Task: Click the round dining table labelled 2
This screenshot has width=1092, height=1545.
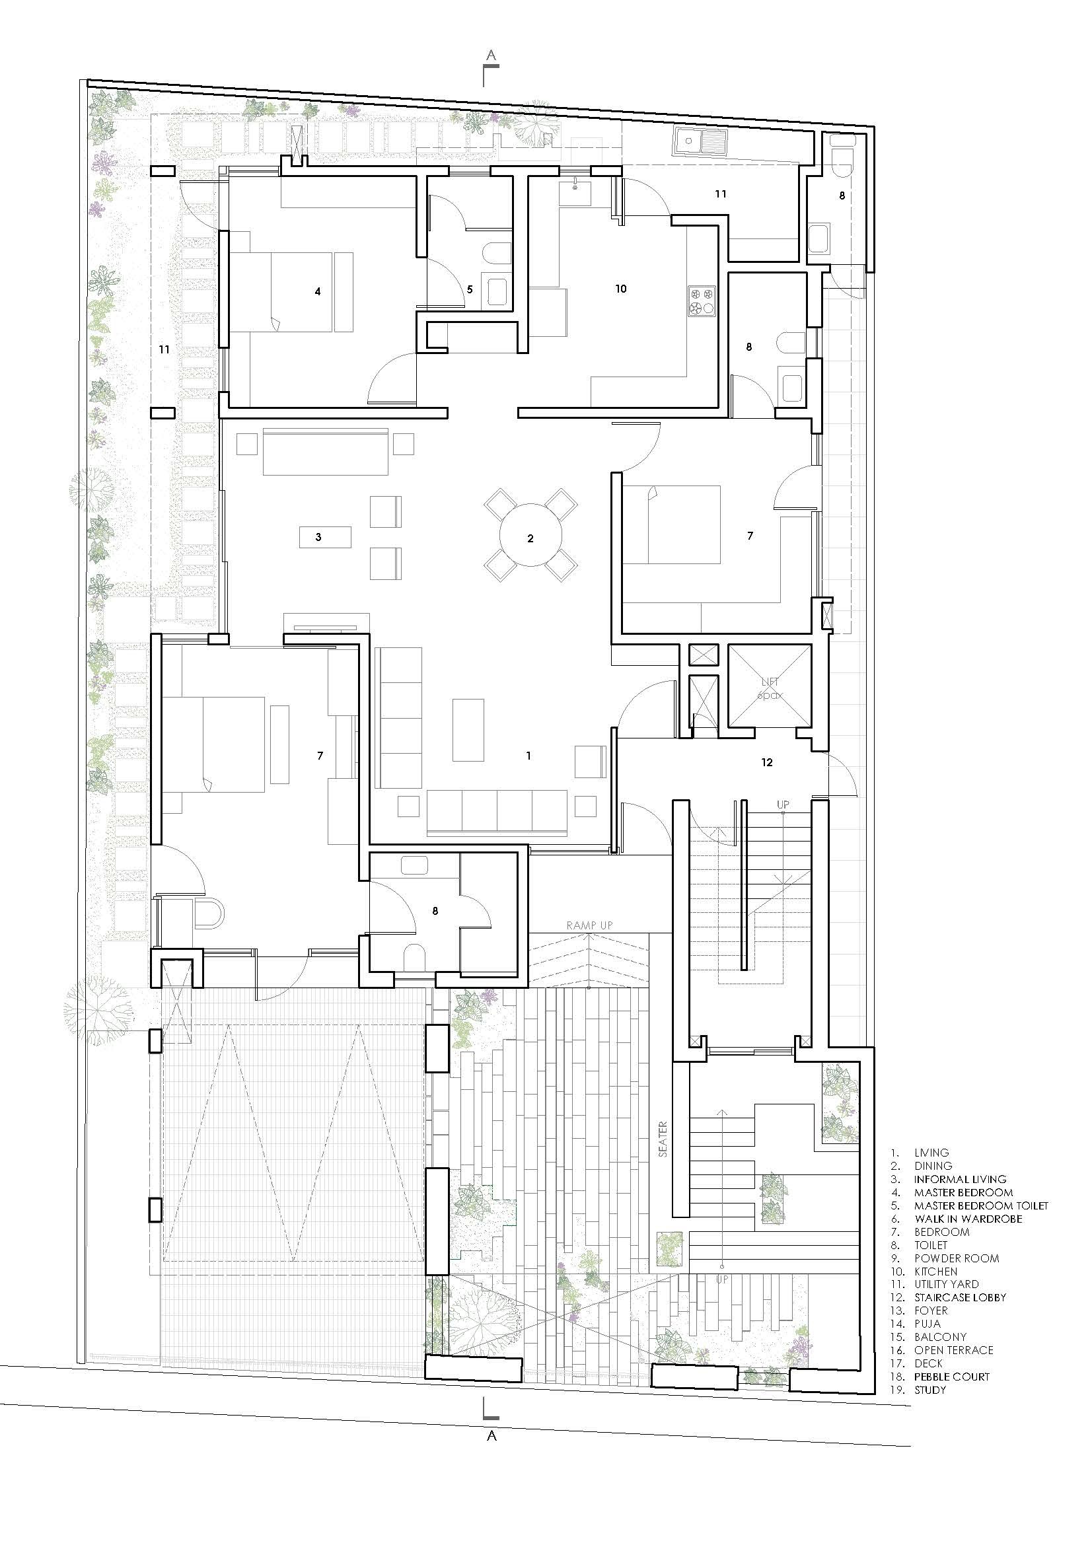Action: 531,536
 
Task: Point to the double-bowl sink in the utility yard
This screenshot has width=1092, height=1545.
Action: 699,142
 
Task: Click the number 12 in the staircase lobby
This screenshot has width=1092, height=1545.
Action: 767,762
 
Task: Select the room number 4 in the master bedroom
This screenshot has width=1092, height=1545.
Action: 318,291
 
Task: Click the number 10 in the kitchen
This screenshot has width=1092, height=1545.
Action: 620,289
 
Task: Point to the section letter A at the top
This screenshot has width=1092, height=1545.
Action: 491,56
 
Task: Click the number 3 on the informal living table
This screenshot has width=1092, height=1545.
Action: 319,537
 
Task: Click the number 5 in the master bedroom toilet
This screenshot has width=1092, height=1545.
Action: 470,289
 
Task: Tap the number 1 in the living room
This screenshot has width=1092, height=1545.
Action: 529,756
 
